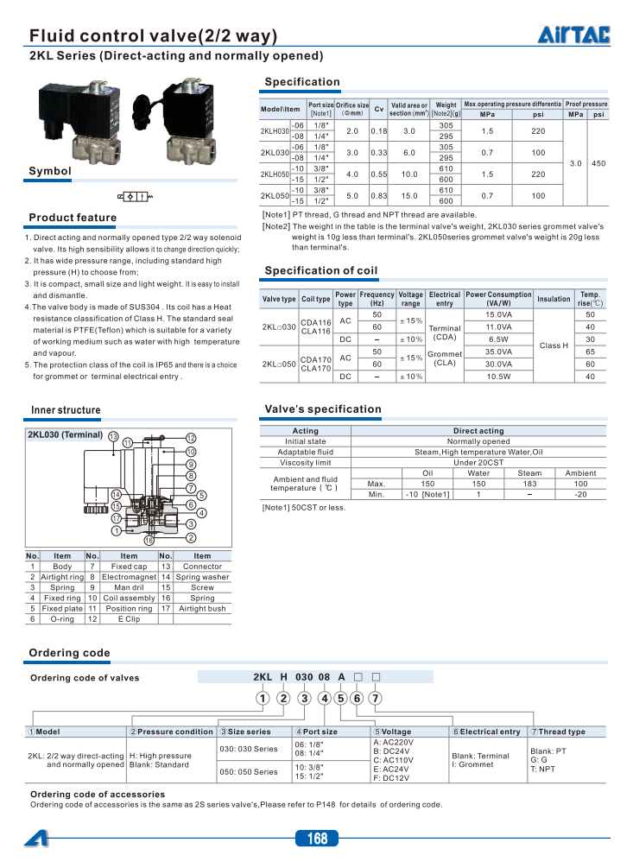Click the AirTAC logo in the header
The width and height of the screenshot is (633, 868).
(x=574, y=34)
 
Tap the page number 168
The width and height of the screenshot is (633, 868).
(x=316, y=838)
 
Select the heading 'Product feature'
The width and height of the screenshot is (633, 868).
(x=73, y=218)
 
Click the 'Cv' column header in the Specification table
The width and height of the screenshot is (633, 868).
(x=379, y=109)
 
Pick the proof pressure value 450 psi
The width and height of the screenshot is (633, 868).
(x=598, y=163)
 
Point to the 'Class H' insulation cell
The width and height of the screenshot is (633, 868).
(x=554, y=345)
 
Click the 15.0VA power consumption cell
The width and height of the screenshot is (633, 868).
(x=498, y=314)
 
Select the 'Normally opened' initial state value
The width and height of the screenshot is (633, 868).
(x=478, y=441)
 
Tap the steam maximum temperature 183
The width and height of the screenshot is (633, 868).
(x=529, y=484)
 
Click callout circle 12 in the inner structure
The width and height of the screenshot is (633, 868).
(x=191, y=439)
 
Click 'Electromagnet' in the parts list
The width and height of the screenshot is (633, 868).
(x=129, y=577)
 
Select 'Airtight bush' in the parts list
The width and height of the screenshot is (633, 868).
(x=202, y=608)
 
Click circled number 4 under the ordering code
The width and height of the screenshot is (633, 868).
(x=325, y=698)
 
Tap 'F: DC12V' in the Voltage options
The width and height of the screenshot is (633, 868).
(x=391, y=778)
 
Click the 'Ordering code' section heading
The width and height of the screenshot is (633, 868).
(x=70, y=652)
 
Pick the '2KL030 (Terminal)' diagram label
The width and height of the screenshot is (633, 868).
(x=66, y=434)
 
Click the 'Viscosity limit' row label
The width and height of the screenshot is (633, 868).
(x=305, y=463)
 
